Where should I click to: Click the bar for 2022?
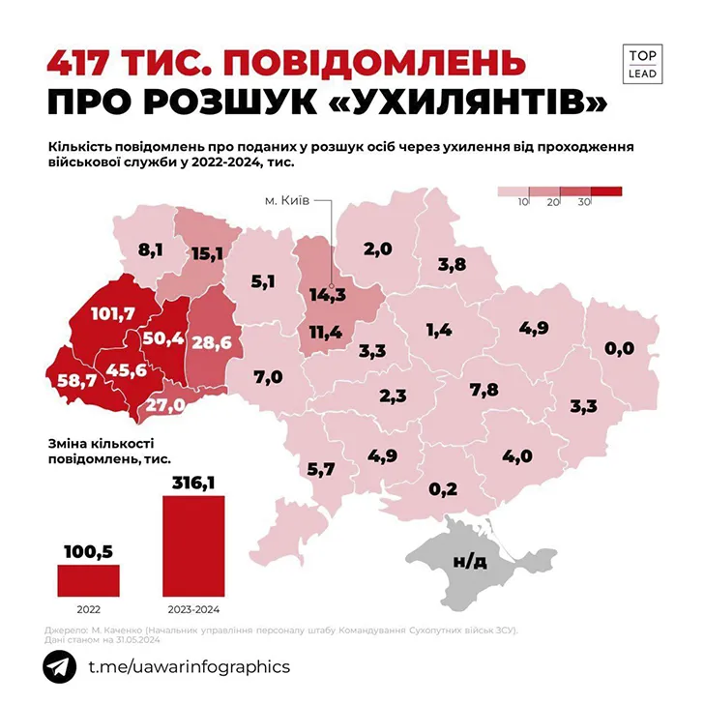(88, 579)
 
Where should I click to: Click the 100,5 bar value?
(88, 551)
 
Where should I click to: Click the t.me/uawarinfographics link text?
(189, 667)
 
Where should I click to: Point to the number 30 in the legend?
(583, 201)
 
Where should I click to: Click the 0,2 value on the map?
(442, 489)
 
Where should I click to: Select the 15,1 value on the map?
(208, 253)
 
